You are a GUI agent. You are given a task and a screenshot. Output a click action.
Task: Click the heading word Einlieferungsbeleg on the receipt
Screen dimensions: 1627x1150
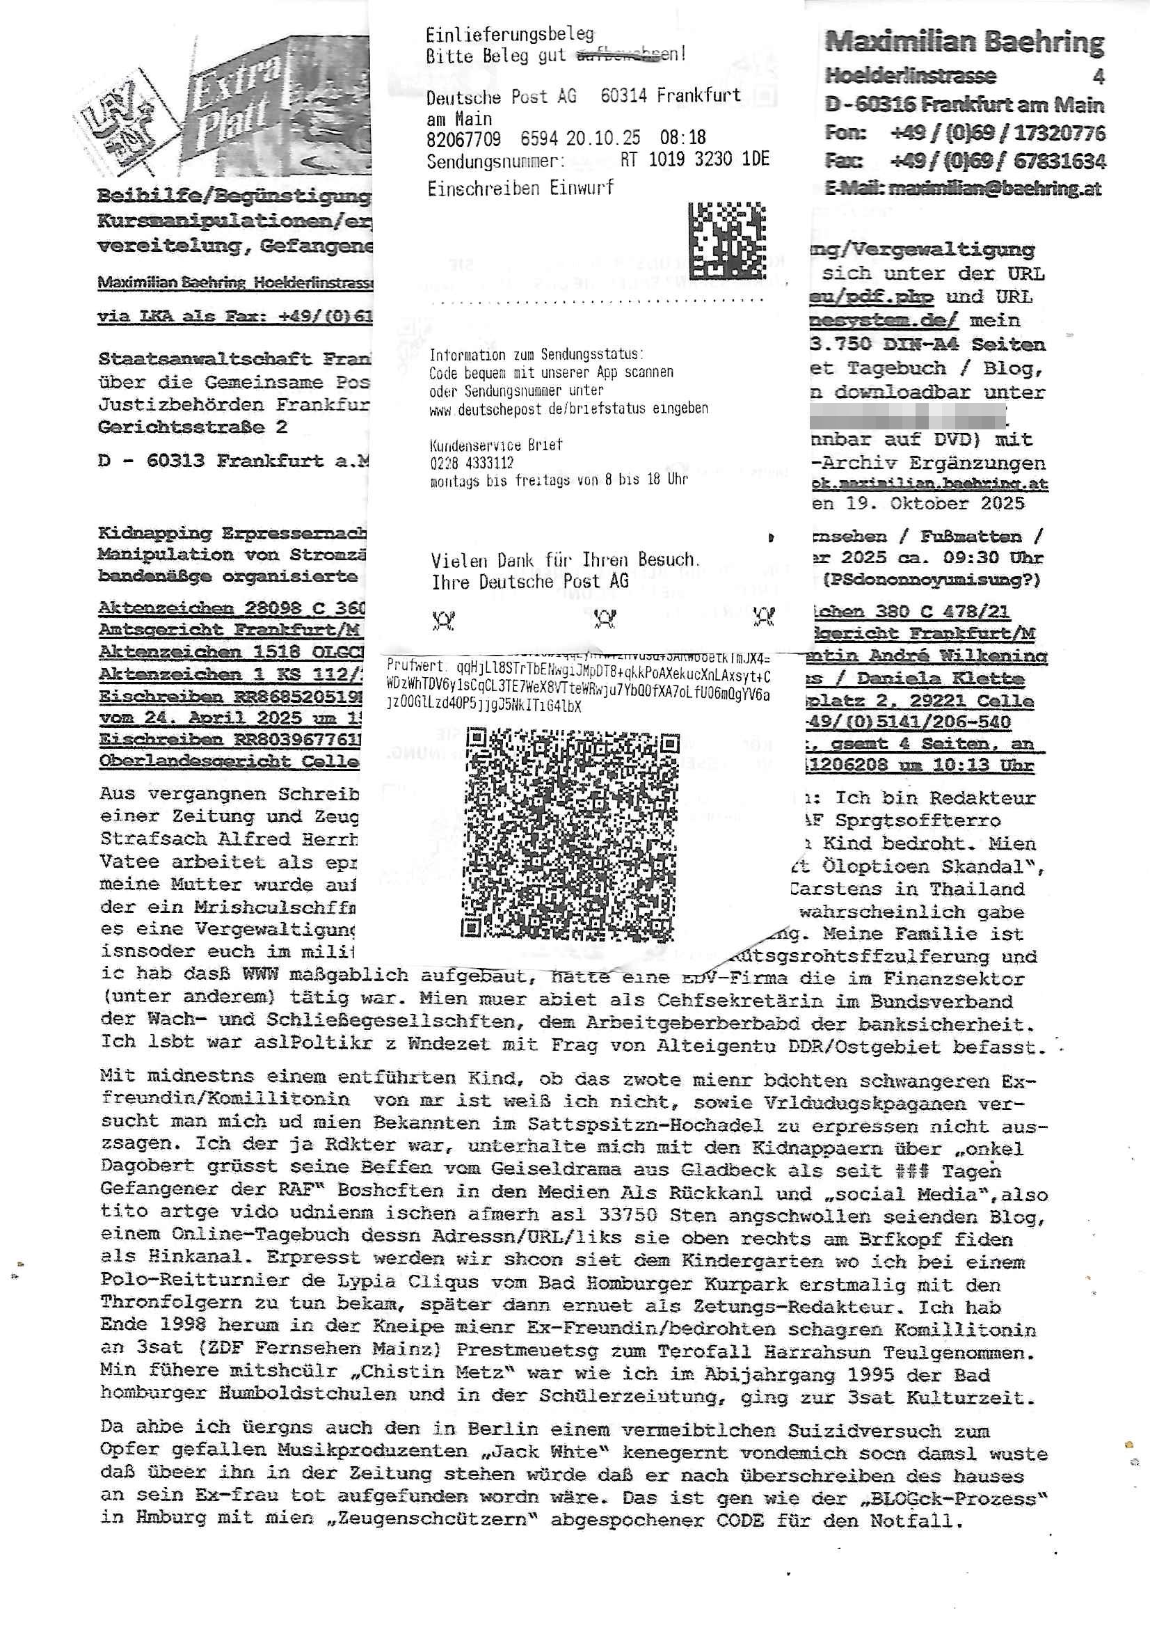[509, 33]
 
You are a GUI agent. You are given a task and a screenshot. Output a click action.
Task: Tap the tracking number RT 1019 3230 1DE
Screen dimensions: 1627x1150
[694, 159]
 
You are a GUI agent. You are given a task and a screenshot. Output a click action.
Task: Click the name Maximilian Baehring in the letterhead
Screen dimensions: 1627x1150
[964, 42]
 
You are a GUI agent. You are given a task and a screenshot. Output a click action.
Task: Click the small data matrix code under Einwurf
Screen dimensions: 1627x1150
[727, 240]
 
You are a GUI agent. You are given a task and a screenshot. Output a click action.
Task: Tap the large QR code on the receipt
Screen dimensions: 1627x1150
[570, 836]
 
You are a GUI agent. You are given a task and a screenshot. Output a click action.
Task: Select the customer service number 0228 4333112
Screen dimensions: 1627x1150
[471, 463]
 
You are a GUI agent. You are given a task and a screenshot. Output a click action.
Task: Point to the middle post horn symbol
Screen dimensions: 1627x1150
[604, 619]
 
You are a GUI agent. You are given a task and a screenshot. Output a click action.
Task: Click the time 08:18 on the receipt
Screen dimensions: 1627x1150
[682, 138]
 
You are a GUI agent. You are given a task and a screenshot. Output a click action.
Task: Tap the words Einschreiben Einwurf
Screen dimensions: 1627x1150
[520, 188]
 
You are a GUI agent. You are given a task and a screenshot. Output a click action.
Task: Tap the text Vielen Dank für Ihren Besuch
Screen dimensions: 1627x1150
[566, 559]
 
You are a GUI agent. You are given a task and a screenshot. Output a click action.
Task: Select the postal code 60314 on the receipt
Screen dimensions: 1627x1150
[624, 95]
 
